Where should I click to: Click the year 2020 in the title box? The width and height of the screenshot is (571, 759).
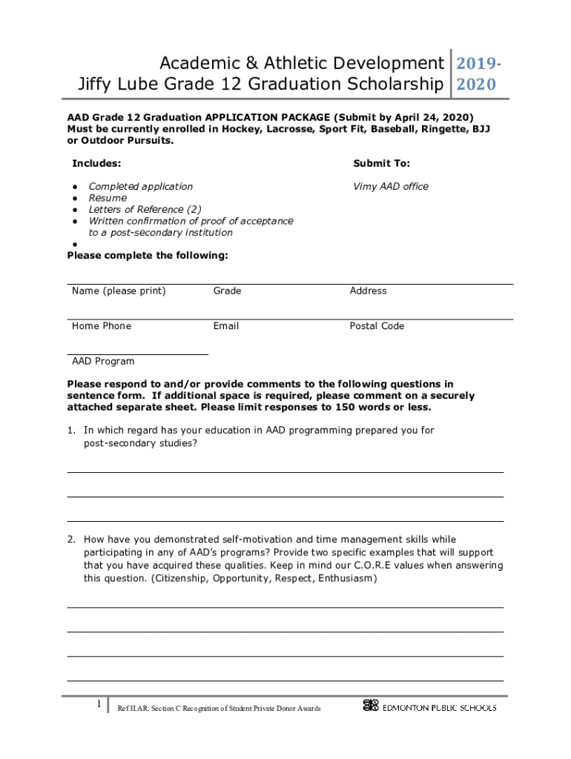pos(475,84)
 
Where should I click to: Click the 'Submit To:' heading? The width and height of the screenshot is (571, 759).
pos(381,163)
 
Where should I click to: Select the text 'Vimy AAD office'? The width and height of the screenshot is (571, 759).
pos(391,186)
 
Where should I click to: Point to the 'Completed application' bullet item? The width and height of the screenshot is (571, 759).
pos(140,186)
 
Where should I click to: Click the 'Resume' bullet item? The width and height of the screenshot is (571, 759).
pos(108,198)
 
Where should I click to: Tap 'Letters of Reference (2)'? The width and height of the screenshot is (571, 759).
pos(145,210)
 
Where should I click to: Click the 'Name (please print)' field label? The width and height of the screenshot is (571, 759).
pos(119,291)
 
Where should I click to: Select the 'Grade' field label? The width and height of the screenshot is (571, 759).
pos(227,291)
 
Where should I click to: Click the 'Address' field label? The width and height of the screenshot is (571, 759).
pos(368,291)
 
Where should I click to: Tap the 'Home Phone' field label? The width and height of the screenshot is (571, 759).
pos(102,326)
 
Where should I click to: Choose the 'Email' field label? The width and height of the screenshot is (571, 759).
pos(225,326)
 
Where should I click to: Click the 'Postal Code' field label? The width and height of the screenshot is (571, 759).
pos(377,326)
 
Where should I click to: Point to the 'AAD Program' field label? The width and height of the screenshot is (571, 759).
pos(103,362)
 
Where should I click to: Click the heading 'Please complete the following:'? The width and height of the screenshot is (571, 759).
pos(148,256)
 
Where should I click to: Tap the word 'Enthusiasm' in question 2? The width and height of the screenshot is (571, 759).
pos(346,579)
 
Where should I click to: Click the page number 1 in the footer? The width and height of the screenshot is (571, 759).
pos(99,705)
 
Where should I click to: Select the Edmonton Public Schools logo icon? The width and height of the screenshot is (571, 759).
pos(371,706)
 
